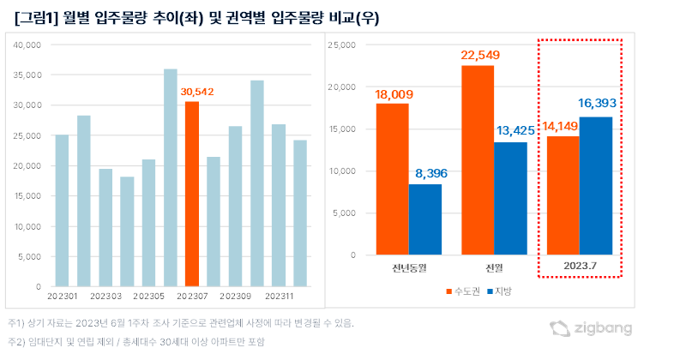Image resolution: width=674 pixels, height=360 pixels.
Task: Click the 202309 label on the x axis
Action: pos(235,295)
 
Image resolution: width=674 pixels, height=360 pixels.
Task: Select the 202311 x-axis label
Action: pos(279,295)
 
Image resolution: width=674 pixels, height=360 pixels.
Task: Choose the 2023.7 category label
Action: pos(580,265)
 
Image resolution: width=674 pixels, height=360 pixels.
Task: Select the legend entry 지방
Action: pos(502,292)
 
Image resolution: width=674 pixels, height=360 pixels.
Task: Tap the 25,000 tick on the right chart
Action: pos(340,45)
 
